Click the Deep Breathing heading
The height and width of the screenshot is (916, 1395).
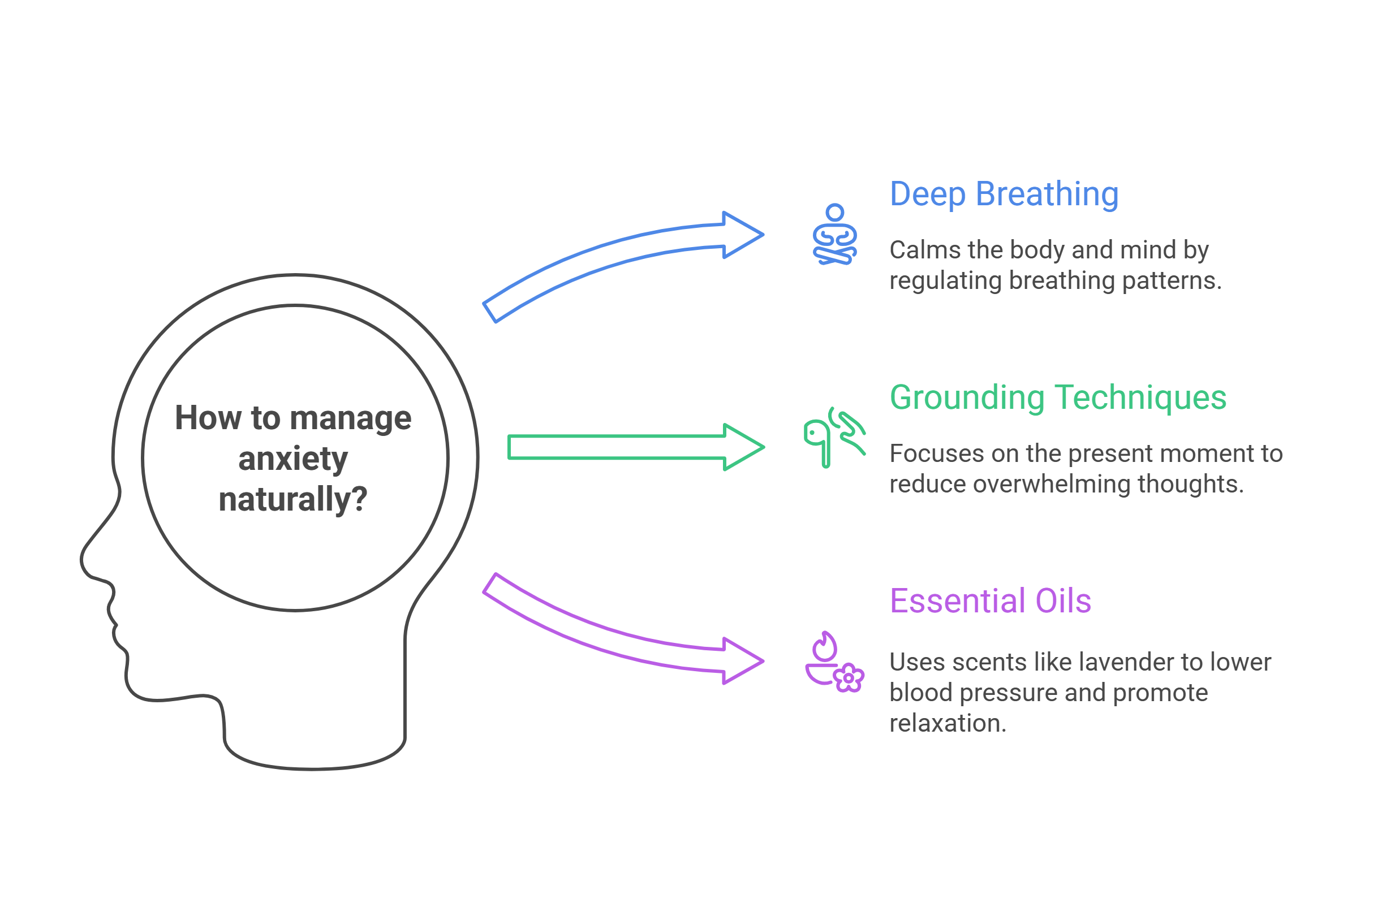coord(1004,195)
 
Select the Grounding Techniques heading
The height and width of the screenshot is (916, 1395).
coord(1057,397)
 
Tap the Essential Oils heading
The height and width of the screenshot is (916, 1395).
coord(990,601)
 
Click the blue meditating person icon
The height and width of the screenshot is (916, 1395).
coord(834,234)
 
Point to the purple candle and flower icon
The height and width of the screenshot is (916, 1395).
coord(834,662)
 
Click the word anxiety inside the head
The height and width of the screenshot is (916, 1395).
coord(293,459)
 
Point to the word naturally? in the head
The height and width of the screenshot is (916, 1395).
coord(292,499)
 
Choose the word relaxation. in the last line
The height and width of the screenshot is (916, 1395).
coord(947,723)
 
